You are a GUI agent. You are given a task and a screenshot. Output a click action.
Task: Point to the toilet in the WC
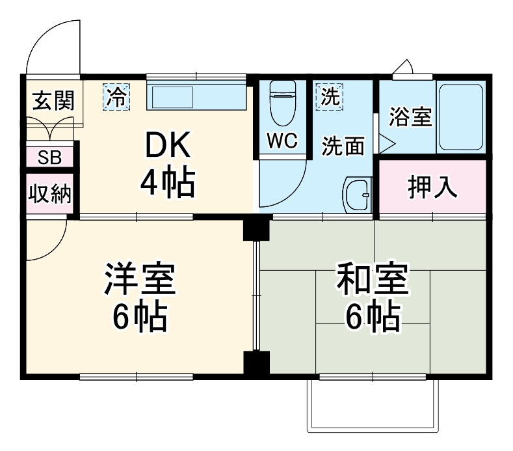[x=282, y=104]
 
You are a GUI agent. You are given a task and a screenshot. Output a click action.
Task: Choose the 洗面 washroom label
[x=343, y=146]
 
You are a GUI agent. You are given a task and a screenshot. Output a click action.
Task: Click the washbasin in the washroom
[x=356, y=193]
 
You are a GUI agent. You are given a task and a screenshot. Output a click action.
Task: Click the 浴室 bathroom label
[x=410, y=117]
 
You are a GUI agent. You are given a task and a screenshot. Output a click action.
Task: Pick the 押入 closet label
[x=432, y=187]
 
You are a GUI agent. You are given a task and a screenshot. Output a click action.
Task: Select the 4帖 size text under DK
[x=167, y=184]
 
